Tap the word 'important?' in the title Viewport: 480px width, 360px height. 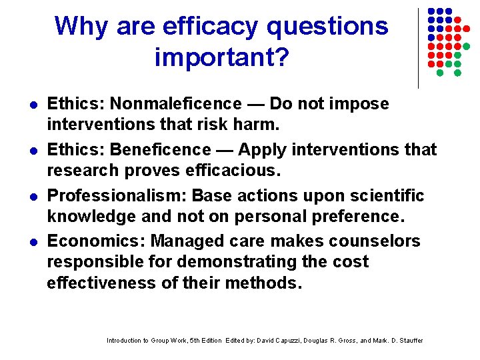pos(222,57)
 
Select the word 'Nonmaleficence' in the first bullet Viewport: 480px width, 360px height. pos(176,104)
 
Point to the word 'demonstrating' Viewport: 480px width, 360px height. pos(221,262)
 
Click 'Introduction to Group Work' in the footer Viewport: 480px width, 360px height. pos(147,341)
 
